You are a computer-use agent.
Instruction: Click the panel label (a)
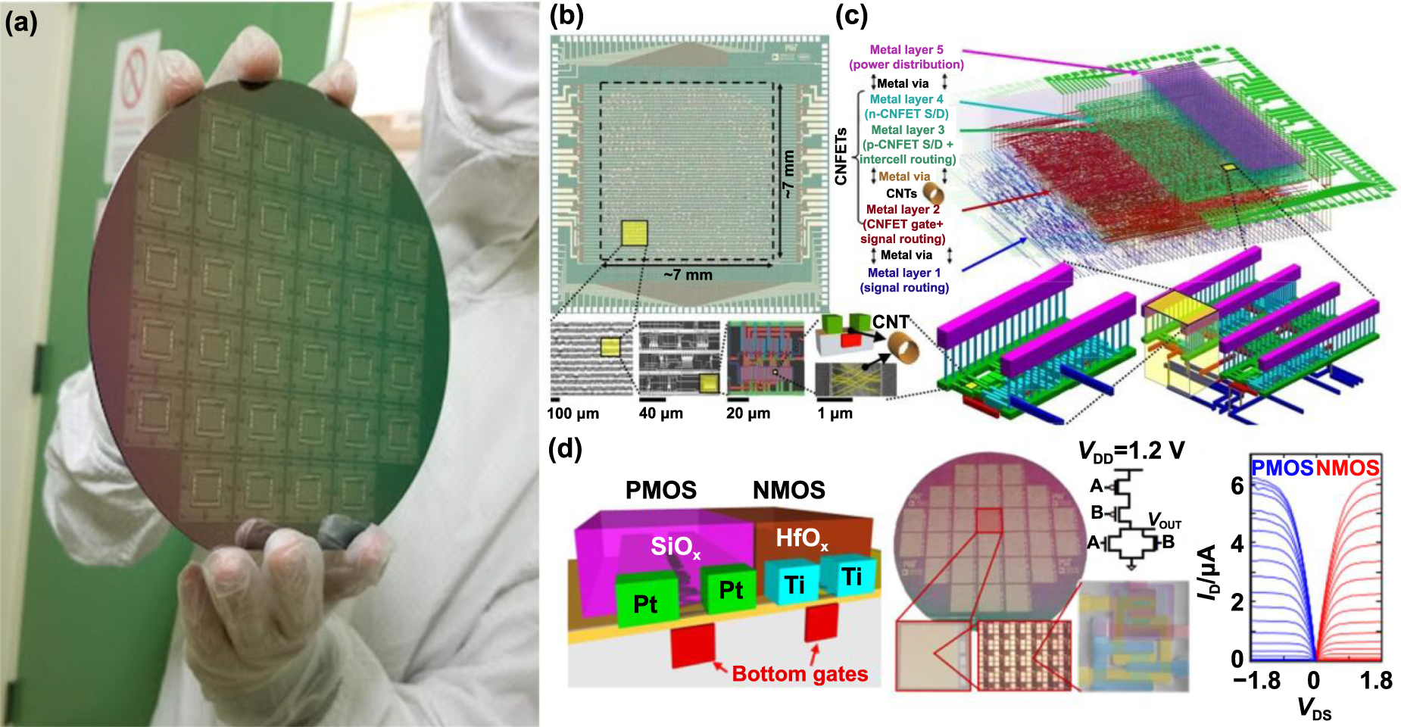click(20, 23)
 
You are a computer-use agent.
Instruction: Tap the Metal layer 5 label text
click(906, 50)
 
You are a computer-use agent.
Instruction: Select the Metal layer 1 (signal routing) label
click(904, 280)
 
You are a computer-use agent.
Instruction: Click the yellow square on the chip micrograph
click(635, 232)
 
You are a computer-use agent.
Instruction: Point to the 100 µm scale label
click(573, 413)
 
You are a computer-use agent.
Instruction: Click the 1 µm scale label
click(835, 413)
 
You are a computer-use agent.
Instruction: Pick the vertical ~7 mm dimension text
click(788, 174)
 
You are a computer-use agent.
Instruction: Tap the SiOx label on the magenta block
click(675, 547)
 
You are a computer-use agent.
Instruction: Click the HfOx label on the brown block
click(801, 538)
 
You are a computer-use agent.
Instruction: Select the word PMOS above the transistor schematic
click(660, 490)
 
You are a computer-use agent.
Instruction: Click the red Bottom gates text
click(800, 673)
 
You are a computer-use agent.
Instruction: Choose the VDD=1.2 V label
click(1131, 451)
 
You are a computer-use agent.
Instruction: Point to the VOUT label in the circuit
click(1165, 521)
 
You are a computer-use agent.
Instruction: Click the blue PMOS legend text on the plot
click(1281, 468)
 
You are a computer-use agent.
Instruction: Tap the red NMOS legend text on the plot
click(1347, 468)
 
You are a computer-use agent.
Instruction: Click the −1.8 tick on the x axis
click(1257, 680)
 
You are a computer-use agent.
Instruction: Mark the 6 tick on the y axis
click(1237, 485)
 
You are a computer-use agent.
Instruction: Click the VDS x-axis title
click(1314, 710)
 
